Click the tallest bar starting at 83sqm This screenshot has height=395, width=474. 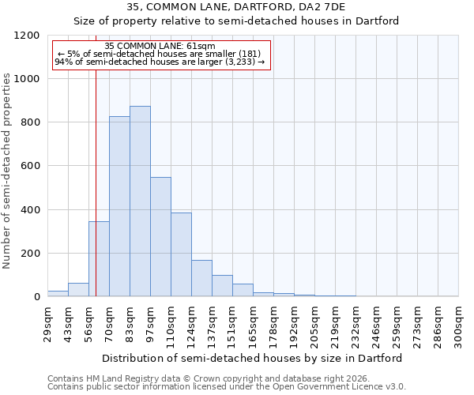(x=140, y=201)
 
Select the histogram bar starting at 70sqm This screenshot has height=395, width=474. (x=119, y=206)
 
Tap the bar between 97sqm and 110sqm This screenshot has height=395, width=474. (x=160, y=237)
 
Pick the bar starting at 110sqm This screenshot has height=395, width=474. (x=181, y=254)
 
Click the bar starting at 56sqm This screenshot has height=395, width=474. (x=99, y=259)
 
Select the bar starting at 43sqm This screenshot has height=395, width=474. (x=78, y=290)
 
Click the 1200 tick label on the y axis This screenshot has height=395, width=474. (x=27, y=36)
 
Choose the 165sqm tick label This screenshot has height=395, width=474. (x=253, y=325)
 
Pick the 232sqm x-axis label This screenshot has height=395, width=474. (x=355, y=325)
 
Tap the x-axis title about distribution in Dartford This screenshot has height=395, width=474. (x=252, y=358)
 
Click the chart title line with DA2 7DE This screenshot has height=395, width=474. (x=236, y=7)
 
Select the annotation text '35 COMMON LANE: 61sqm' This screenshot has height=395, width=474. (x=160, y=47)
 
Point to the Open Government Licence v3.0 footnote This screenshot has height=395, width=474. (x=227, y=387)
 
